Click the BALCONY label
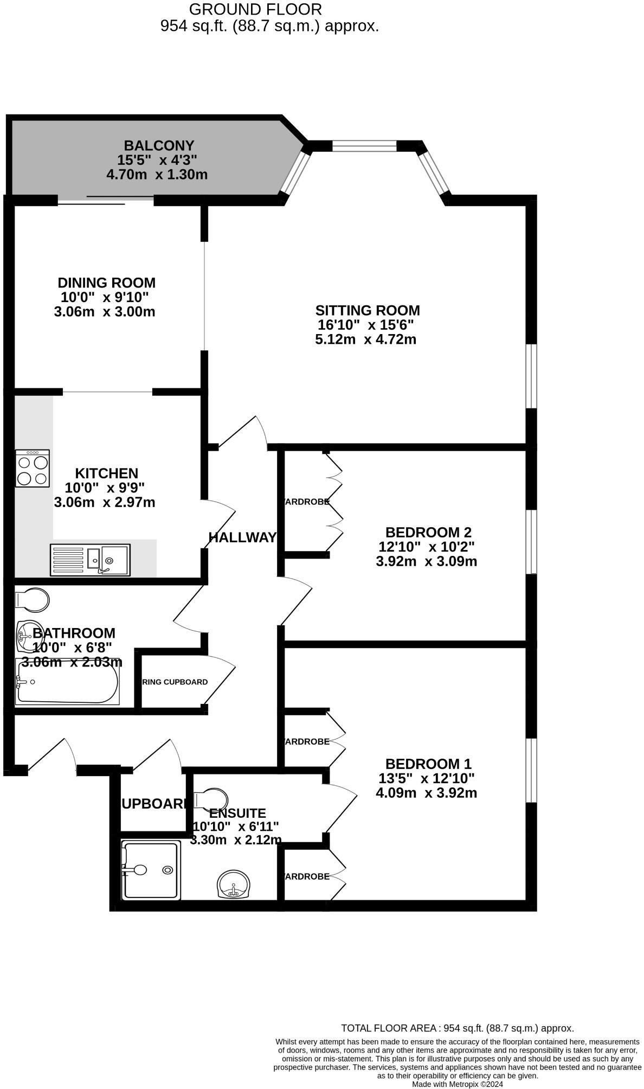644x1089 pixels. (x=159, y=145)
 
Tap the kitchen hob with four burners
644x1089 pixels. (x=33, y=468)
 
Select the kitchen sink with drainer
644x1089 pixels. (x=91, y=559)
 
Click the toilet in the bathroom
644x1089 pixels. (x=33, y=600)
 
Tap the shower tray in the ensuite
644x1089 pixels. (x=151, y=869)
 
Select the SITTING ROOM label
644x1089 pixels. (x=368, y=311)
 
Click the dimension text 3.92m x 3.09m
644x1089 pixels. (x=426, y=561)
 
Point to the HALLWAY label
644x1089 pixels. (x=242, y=537)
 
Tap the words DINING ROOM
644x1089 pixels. (x=107, y=283)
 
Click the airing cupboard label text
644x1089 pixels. (x=175, y=682)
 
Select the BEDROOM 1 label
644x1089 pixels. (x=428, y=764)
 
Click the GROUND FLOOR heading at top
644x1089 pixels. (x=255, y=9)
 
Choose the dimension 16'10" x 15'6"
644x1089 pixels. (x=366, y=325)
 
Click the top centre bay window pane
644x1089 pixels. (x=364, y=146)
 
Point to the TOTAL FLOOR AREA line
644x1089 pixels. (x=457, y=1028)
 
